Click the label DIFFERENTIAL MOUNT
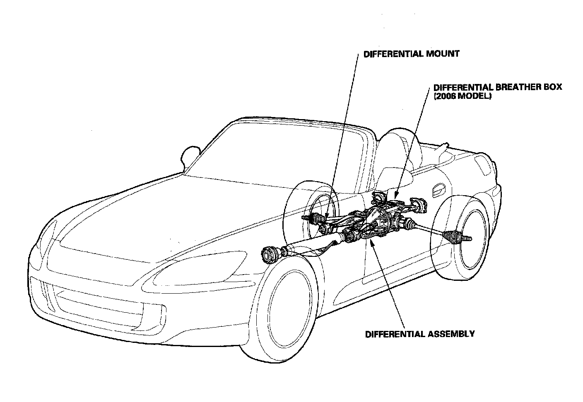pos(411,54)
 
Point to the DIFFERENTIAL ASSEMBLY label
pos(420,334)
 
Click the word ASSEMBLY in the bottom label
pos(450,334)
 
